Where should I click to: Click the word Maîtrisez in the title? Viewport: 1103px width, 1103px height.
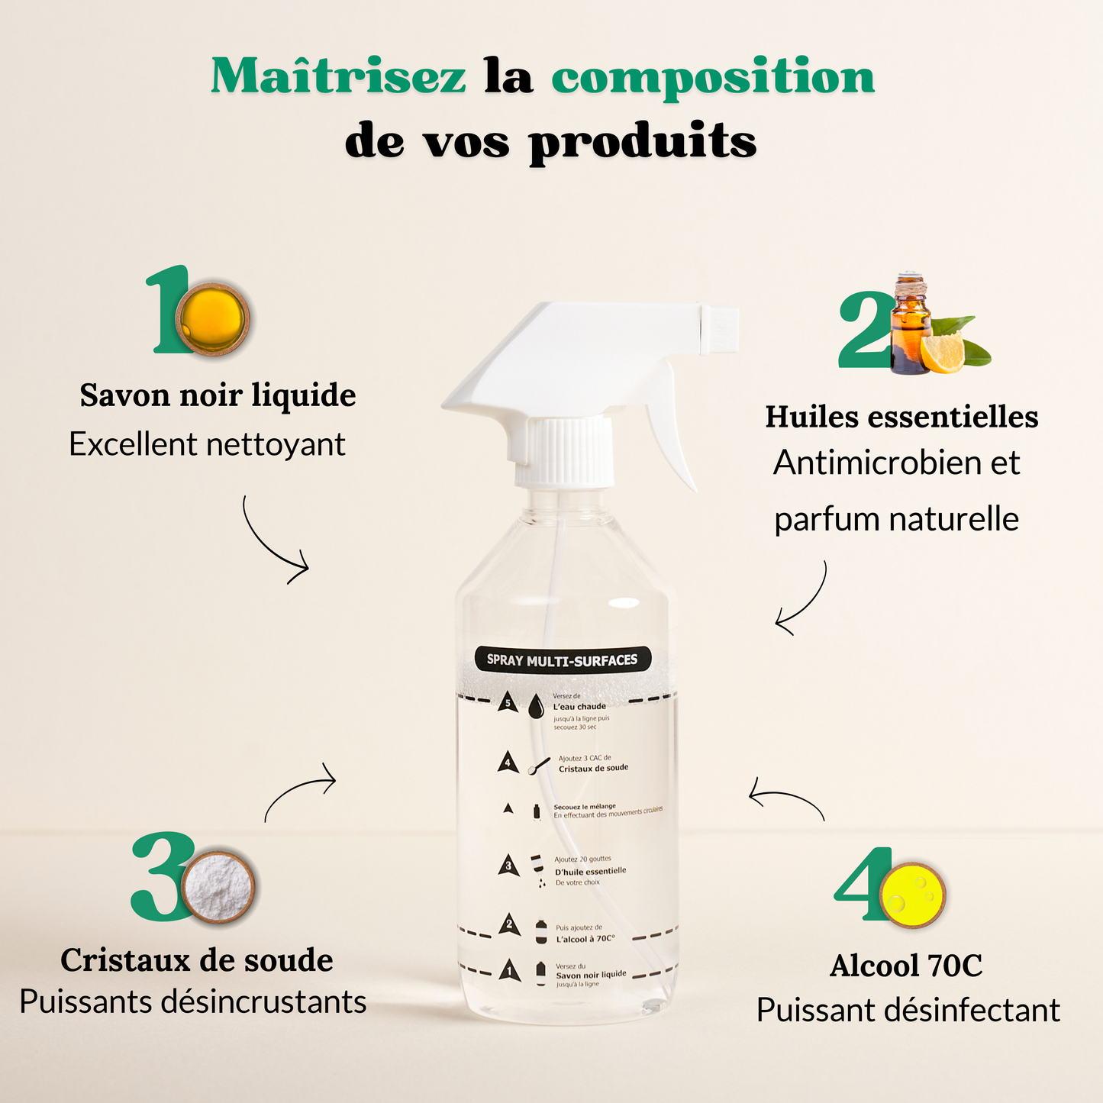337,76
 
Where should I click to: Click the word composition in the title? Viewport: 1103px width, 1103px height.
712,78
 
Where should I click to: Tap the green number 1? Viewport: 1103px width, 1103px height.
169,310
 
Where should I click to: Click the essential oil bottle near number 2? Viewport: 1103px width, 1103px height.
911,328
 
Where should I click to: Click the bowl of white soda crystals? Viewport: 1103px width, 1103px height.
219,887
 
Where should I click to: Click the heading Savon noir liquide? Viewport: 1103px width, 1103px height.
218,395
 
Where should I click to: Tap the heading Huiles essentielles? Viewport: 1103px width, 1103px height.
901,417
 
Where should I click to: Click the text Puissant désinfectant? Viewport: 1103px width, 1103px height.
908,1011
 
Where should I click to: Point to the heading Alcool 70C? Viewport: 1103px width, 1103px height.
906,966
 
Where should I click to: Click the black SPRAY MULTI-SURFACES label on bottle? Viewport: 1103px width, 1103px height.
562,660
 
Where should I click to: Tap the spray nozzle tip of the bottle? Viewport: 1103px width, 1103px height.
721,329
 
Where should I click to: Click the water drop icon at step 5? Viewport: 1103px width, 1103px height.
537,706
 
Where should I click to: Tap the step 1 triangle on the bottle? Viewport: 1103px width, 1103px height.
510,971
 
